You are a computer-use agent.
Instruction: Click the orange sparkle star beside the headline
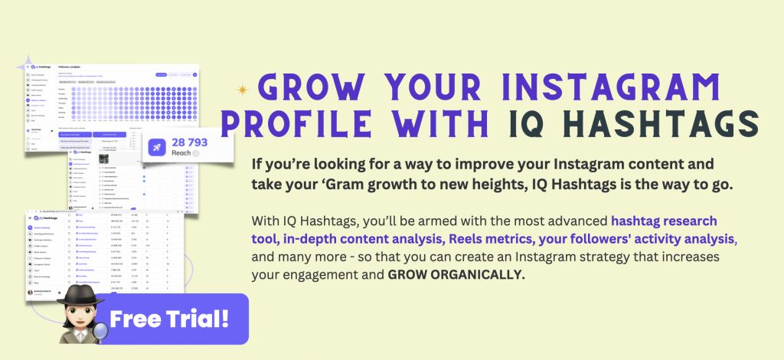[243, 90]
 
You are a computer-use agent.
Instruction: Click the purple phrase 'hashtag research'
[664, 221]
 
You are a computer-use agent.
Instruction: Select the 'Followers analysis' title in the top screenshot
[72, 67]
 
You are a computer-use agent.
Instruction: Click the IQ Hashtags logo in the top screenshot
[38, 67]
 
